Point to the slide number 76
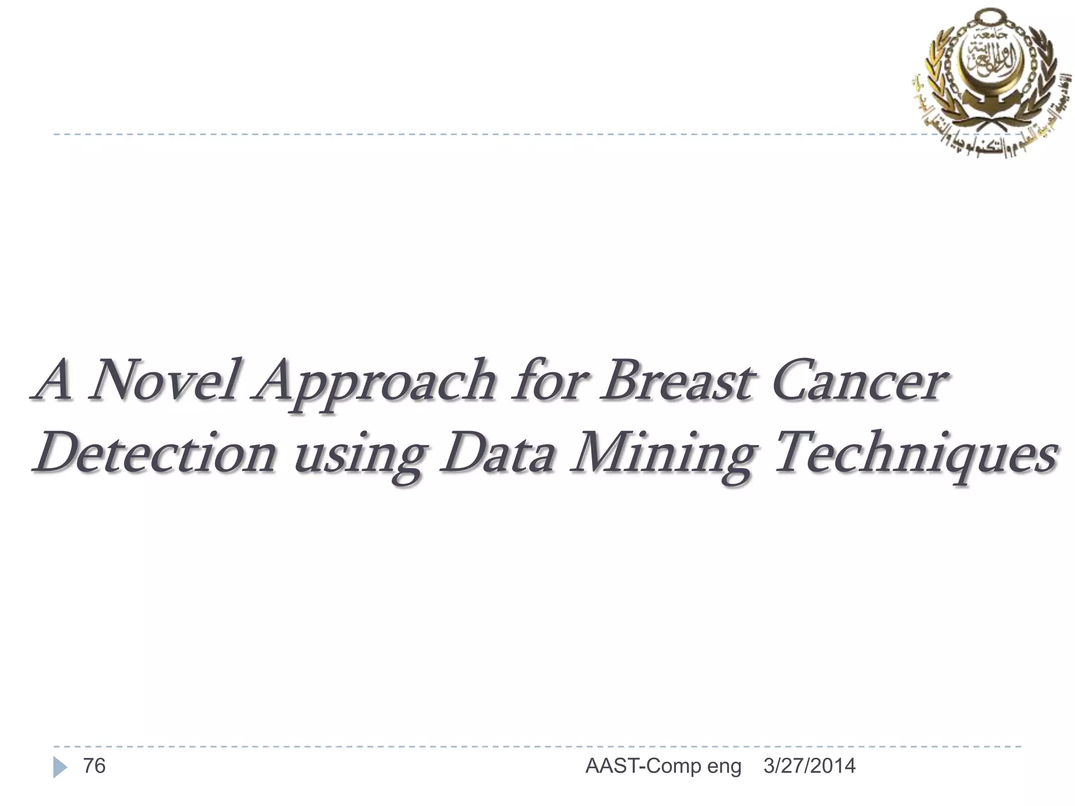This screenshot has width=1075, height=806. point(94,766)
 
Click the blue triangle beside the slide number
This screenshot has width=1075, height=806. point(60,768)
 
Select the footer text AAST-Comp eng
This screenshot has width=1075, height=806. point(663,767)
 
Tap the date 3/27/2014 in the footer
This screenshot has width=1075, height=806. point(809,766)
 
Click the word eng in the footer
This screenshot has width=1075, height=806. point(724,767)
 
